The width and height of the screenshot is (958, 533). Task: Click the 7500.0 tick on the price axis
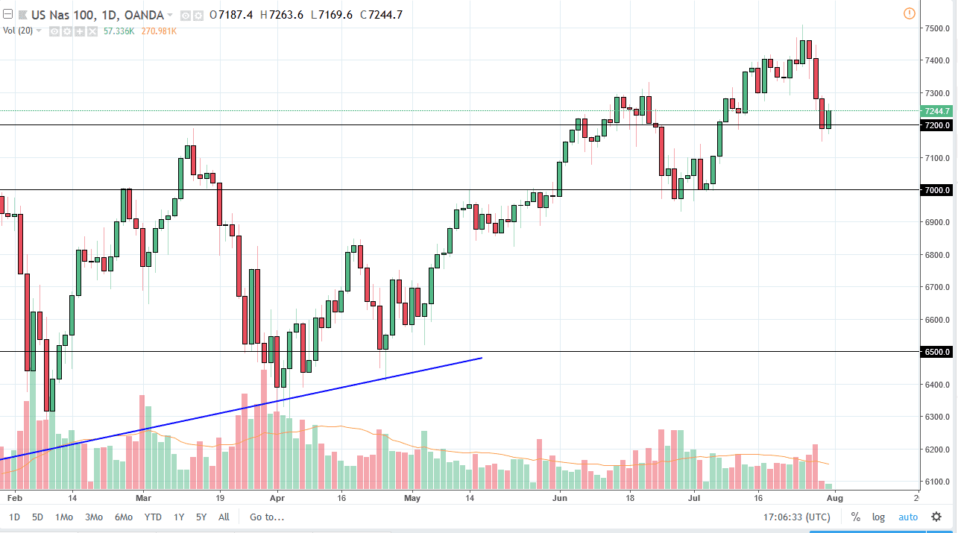tap(936, 28)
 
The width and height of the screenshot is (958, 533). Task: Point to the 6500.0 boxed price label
tap(936, 352)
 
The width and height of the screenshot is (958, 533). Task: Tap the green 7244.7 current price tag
tap(936, 111)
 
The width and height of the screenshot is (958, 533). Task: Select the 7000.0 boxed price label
tap(936, 190)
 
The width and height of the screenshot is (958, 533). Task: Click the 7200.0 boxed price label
tap(936, 125)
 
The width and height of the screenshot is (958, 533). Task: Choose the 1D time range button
tap(15, 517)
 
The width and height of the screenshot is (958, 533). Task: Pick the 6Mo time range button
tap(124, 517)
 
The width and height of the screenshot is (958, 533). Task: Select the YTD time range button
tap(153, 517)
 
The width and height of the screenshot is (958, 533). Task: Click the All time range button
tap(224, 517)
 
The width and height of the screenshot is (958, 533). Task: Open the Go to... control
tap(267, 517)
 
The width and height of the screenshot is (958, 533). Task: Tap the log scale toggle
tap(879, 517)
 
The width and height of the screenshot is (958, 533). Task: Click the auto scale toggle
tap(907, 517)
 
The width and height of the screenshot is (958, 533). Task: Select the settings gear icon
tap(936, 517)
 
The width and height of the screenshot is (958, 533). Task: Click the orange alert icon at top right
tap(909, 13)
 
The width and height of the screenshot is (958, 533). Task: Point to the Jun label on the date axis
tap(558, 496)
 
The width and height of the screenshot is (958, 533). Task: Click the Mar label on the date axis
tap(144, 496)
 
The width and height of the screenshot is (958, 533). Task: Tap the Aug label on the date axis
tap(835, 496)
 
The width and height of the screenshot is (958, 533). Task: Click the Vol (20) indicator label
tap(17, 31)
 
